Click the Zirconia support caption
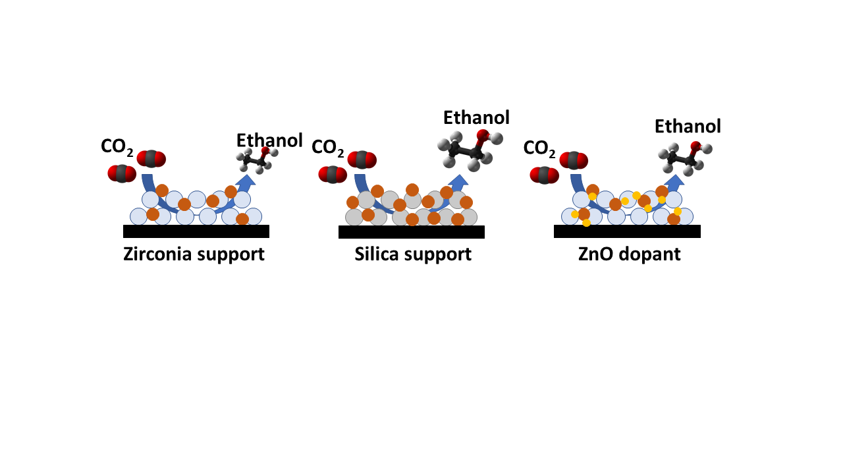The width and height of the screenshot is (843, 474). [194, 254]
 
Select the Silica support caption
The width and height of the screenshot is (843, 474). [413, 254]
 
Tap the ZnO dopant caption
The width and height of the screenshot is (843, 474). [629, 254]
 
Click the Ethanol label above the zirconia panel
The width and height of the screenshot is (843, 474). [269, 140]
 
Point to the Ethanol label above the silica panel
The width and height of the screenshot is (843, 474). [476, 118]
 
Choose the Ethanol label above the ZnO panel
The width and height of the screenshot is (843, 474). [688, 126]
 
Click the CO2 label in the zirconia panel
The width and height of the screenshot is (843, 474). [117, 146]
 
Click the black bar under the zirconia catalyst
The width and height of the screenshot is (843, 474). [196, 231]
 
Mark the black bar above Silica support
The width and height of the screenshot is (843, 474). [411, 231]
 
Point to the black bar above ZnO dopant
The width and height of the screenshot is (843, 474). [627, 231]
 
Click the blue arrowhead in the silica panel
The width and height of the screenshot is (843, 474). [458, 181]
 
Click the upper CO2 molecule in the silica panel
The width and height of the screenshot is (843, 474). [362, 160]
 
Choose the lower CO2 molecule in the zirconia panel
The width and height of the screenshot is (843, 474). [122, 174]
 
